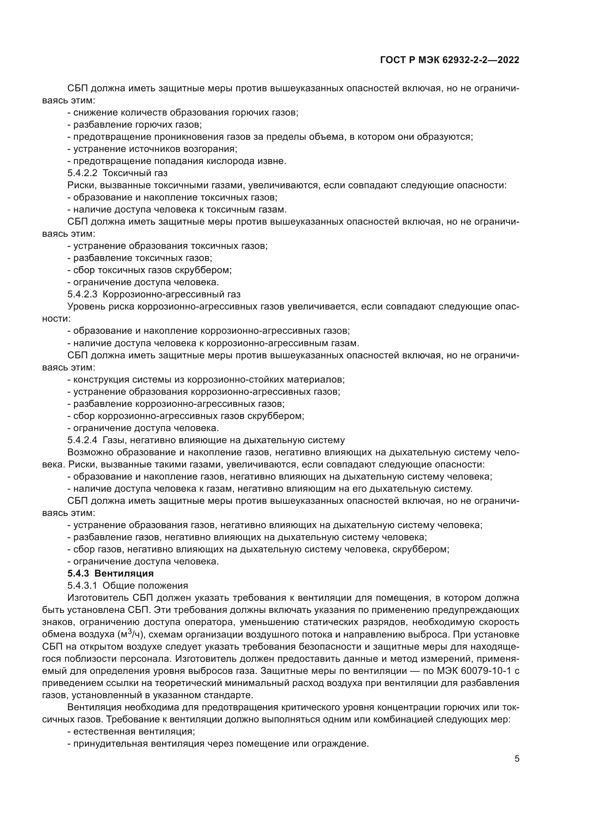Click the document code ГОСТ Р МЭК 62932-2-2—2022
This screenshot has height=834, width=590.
tap(449, 60)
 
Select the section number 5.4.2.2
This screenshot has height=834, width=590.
tap(82, 173)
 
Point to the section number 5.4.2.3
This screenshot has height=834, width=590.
tap(82, 294)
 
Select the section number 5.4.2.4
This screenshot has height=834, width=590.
tap(82, 440)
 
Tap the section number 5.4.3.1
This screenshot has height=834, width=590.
tap(82, 585)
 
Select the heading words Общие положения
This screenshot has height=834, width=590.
tap(145, 585)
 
